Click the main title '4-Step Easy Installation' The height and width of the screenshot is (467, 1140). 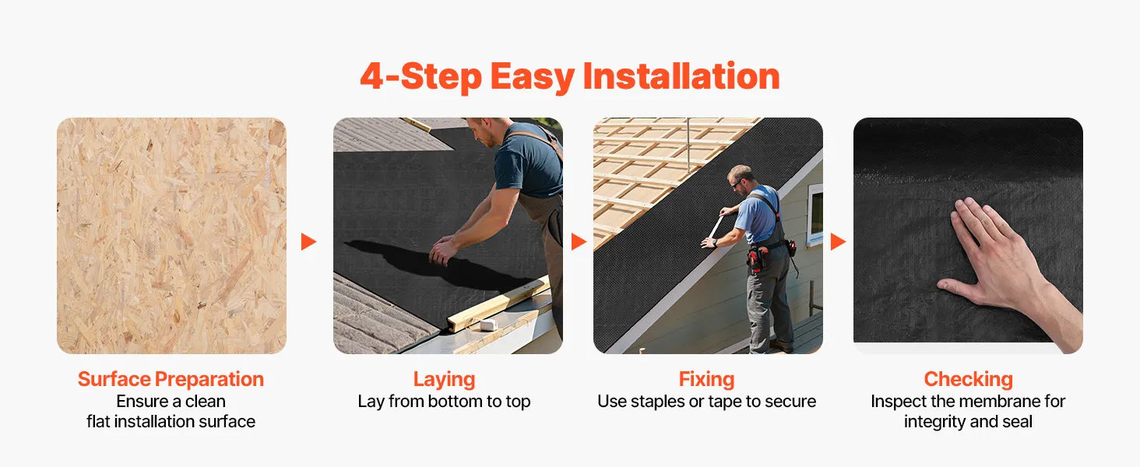point(570,77)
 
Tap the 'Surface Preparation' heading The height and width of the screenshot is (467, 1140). point(171,380)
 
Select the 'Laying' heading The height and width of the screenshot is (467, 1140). point(445,380)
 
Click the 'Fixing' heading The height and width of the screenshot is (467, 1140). point(707,380)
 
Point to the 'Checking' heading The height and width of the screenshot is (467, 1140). point(969,380)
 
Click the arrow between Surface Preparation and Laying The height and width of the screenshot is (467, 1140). point(308,241)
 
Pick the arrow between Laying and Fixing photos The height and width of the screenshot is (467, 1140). point(579,241)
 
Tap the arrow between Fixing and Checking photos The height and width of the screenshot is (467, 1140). point(838,241)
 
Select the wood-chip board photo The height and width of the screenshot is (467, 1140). point(171,236)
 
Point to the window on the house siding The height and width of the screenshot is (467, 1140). point(815,214)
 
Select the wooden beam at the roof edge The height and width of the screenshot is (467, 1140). point(498,304)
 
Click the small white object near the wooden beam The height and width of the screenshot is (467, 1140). point(487,325)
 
